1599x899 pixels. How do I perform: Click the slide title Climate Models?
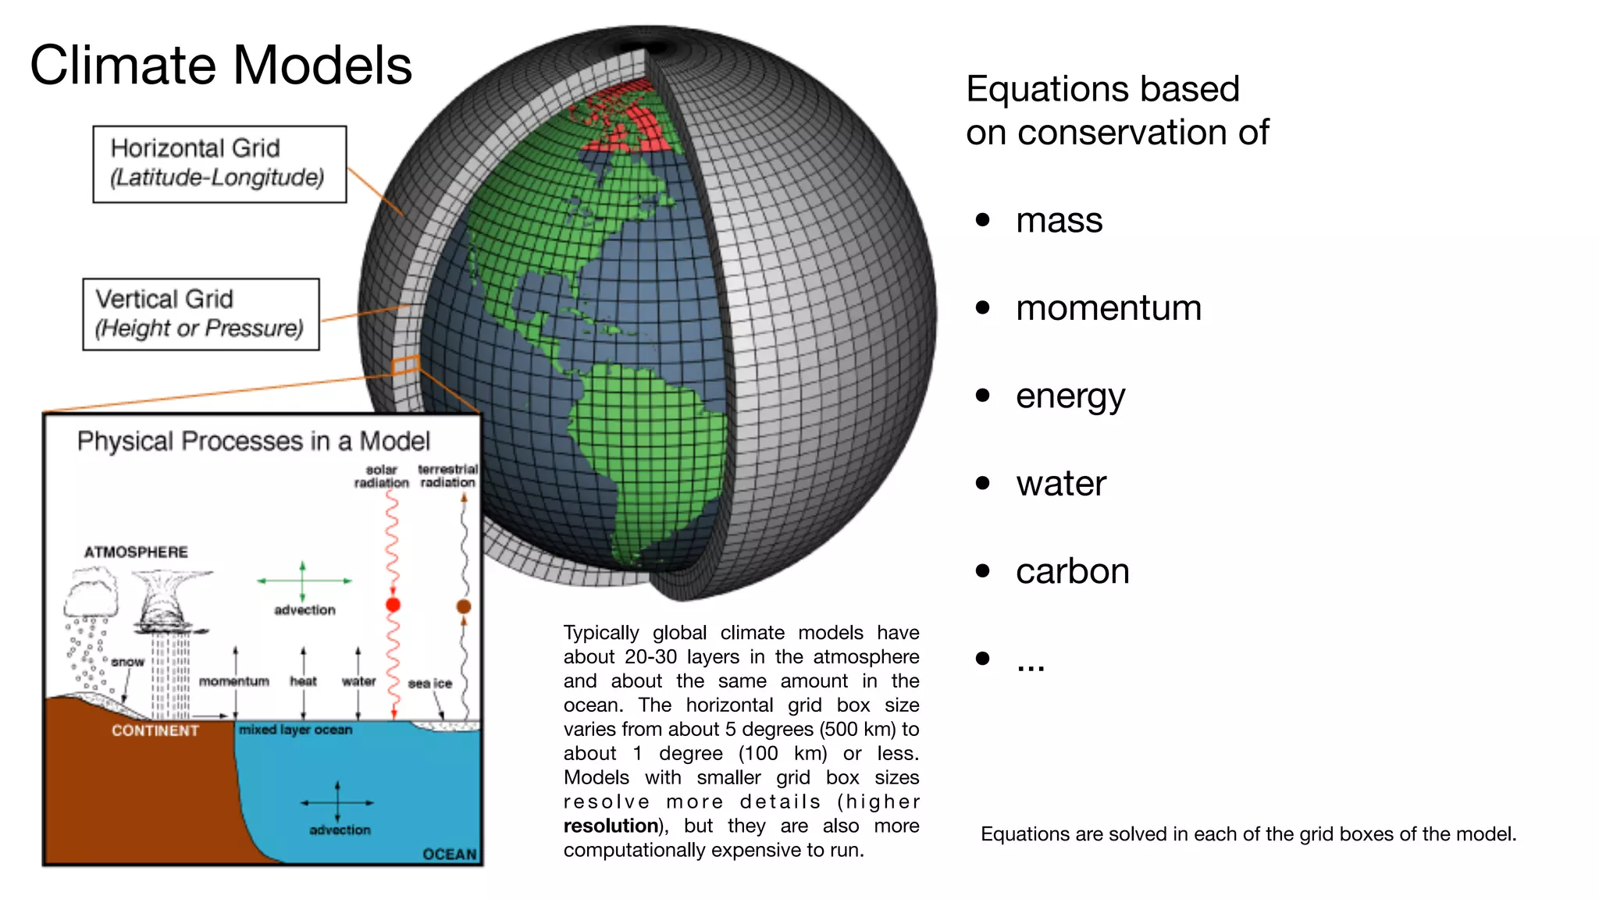click(221, 65)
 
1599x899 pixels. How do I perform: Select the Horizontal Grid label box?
click(219, 164)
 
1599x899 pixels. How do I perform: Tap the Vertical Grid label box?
click(201, 314)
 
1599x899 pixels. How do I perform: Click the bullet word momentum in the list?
click(1108, 308)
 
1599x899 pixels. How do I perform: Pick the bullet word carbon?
click(1072, 571)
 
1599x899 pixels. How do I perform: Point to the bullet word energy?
click(1070, 396)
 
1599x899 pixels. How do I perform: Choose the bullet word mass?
click(1059, 221)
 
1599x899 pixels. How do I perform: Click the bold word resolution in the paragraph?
click(611, 826)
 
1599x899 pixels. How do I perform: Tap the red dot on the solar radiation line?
click(393, 605)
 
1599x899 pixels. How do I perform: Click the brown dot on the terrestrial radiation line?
click(464, 606)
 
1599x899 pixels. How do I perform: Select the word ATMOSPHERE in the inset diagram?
click(136, 552)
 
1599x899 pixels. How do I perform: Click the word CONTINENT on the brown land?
click(155, 730)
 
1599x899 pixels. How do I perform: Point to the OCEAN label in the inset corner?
click(449, 854)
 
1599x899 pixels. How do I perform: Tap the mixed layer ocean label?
click(295, 730)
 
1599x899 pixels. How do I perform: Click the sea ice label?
click(429, 684)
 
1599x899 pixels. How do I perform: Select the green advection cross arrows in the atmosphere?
click(303, 581)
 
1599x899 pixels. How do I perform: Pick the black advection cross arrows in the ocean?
click(337, 802)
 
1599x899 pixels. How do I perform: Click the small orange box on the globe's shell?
click(406, 364)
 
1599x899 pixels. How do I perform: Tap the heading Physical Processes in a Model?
click(253, 441)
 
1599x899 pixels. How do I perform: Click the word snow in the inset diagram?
click(127, 662)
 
